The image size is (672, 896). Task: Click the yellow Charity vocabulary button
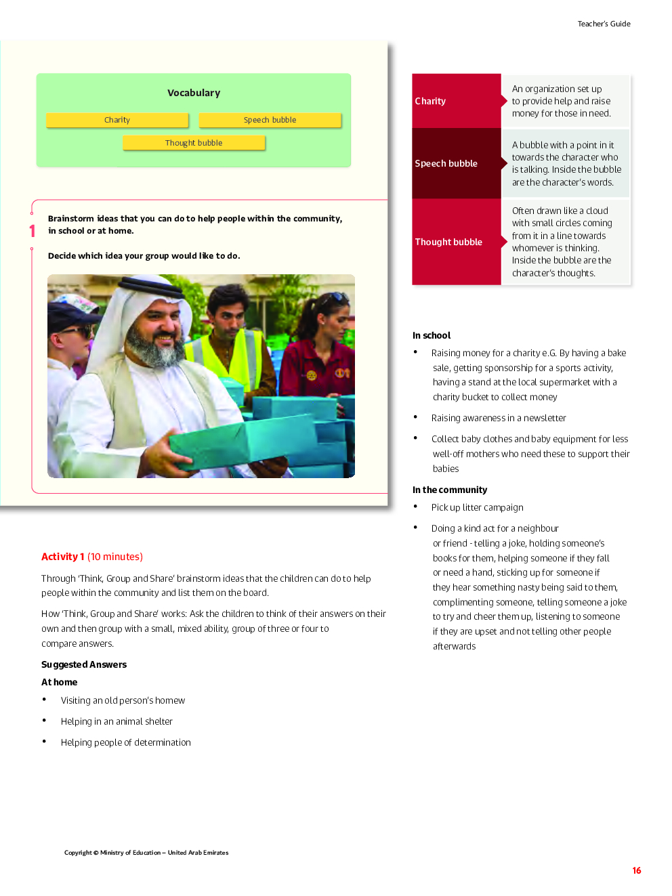(x=117, y=120)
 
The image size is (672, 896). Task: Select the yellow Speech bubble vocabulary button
(x=270, y=120)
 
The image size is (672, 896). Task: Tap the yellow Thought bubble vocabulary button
(x=194, y=143)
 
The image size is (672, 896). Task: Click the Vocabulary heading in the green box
(x=194, y=93)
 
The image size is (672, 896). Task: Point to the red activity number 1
(x=32, y=231)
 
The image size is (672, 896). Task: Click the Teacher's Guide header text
(x=604, y=24)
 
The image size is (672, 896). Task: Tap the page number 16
(x=636, y=870)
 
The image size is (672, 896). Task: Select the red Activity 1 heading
(x=63, y=557)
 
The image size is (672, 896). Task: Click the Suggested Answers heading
(x=84, y=664)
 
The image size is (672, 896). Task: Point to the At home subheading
(x=60, y=682)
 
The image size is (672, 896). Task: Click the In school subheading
(x=432, y=335)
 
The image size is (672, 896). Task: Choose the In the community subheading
(x=450, y=490)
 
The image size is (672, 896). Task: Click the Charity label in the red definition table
(x=430, y=101)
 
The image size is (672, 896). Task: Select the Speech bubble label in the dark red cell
(x=446, y=163)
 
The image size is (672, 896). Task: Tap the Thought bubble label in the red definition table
(x=448, y=242)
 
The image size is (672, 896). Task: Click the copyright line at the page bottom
(x=146, y=853)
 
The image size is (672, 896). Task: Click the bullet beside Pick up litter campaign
(x=415, y=507)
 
